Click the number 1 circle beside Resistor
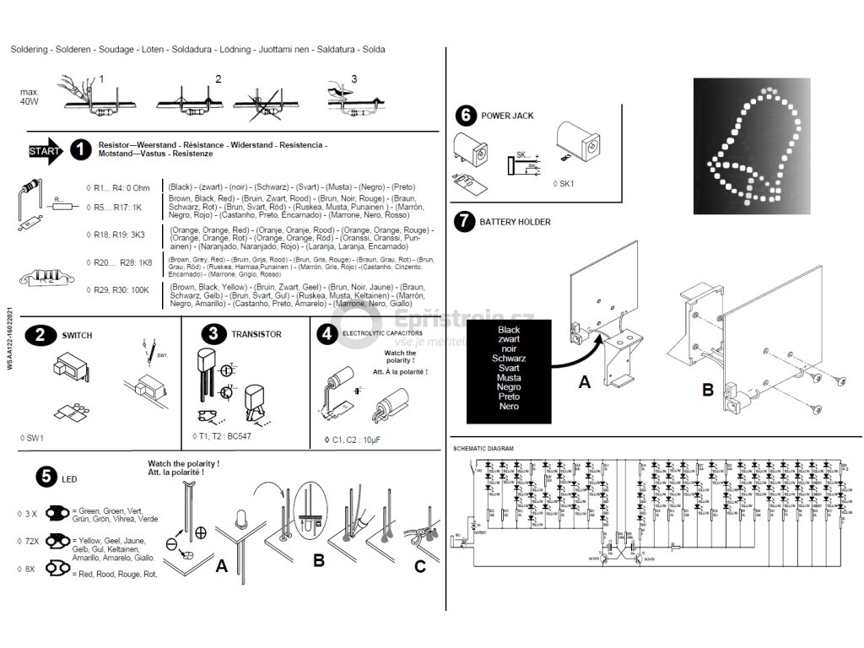click(x=80, y=150)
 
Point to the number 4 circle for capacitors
click(x=326, y=334)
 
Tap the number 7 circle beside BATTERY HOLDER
click(x=463, y=222)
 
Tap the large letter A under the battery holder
click(x=584, y=381)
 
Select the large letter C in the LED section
click(x=420, y=566)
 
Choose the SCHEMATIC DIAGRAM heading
click(x=483, y=448)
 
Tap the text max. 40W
click(x=30, y=96)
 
